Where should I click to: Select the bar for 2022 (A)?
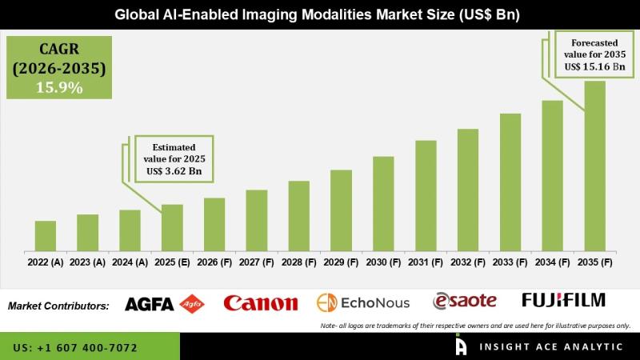pos(46,236)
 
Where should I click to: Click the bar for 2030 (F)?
pos(383,204)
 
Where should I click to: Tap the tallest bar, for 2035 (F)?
pos(594,166)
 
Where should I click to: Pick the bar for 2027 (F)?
pos(257,221)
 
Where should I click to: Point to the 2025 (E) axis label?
pos(172,262)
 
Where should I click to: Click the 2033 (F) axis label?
pos(510,262)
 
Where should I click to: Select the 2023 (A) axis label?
pos(87,262)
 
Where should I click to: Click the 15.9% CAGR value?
pos(59,87)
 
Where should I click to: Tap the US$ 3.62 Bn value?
pos(174,171)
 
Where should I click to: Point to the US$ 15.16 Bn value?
pos(594,66)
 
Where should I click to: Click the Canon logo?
pos(261,303)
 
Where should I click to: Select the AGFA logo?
pos(165,304)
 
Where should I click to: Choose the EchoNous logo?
pos(363,303)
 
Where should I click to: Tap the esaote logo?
pos(465,302)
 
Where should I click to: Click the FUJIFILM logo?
pos(564,300)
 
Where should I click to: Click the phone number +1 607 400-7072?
pos(87,348)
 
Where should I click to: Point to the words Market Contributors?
pos(58,306)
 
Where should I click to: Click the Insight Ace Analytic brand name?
pos(551,347)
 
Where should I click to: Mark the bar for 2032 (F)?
pos(468,190)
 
